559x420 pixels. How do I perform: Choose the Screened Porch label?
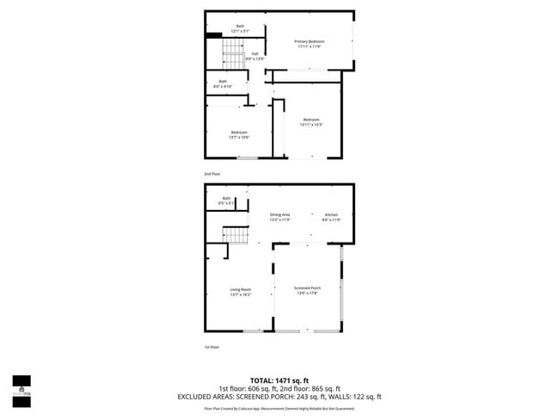click(x=307, y=290)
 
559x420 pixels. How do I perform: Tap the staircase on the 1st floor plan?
click(x=235, y=234)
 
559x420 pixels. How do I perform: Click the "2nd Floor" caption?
click(x=212, y=174)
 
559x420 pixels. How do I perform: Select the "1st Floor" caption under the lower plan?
click(x=212, y=347)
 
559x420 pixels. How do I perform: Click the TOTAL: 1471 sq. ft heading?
click(x=279, y=380)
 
